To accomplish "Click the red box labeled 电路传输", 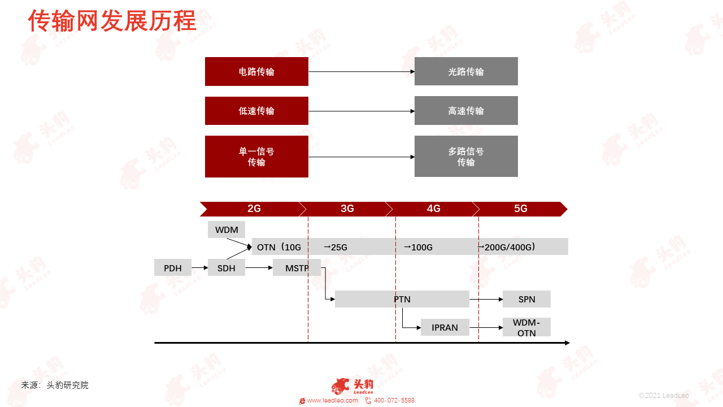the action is (x=256, y=71).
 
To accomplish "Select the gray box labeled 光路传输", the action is (x=466, y=71).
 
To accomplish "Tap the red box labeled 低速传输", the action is (x=256, y=111).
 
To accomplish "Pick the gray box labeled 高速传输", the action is (x=466, y=110).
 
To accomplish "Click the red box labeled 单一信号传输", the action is (x=256, y=157).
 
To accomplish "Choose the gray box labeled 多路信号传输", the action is (x=466, y=157).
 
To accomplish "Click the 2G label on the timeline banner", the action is (x=254, y=209).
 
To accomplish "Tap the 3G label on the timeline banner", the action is (x=347, y=209).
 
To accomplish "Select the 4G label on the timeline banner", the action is (x=433, y=209).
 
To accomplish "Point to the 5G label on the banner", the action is (x=521, y=209).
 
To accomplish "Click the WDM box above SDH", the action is (x=227, y=230).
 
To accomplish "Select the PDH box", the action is (x=173, y=267).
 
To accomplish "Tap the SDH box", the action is (x=227, y=267).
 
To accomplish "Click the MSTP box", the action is (x=297, y=267).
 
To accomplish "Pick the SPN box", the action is (x=526, y=299).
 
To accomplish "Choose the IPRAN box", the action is (x=445, y=327).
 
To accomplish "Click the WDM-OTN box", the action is (x=526, y=327).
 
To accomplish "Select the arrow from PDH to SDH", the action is (x=200, y=267).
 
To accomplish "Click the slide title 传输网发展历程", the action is (x=112, y=21).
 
